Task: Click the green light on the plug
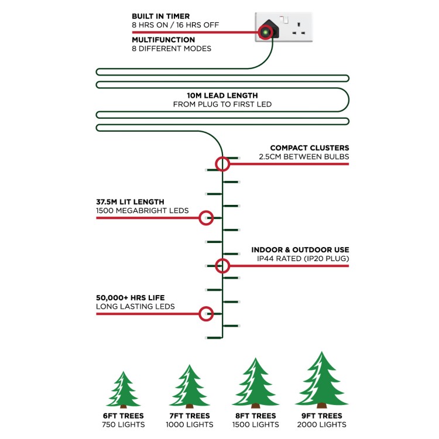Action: pyautogui.click(x=265, y=32)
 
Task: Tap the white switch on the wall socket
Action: pyautogui.click(x=285, y=20)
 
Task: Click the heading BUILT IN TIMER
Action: pyautogui.click(x=161, y=16)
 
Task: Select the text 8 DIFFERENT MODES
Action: pyautogui.click(x=172, y=49)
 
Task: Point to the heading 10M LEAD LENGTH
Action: pyautogui.click(x=222, y=95)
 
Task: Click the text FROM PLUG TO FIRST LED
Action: pyautogui.click(x=222, y=104)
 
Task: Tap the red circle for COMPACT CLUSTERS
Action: pyautogui.click(x=222, y=164)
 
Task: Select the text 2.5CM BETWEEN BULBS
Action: pyautogui.click(x=304, y=157)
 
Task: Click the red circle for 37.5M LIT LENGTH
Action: pyautogui.click(x=206, y=218)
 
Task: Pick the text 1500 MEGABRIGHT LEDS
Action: pyautogui.click(x=142, y=211)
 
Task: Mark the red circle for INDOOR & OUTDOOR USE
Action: pyautogui.click(x=222, y=266)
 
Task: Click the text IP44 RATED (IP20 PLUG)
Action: pyautogui.click(x=303, y=258)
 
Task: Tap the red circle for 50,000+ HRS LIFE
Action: pyautogui.click(x=206, y=314)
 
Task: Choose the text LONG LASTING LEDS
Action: pyautogui.click(x=135, y=307)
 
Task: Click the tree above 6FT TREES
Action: pyautogui.click(x=123, y=390)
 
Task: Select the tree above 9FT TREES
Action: pyautogui.click(x=322, y=380)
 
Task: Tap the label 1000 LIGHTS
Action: pyautogui.click(x=190, y=425)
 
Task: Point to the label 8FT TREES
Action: pyautogui.click(x=256, y=416)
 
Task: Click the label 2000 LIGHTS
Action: pyautogui.click(x=322, y=425)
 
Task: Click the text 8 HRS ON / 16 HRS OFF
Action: pyautogui.click(x=175, y=25)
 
